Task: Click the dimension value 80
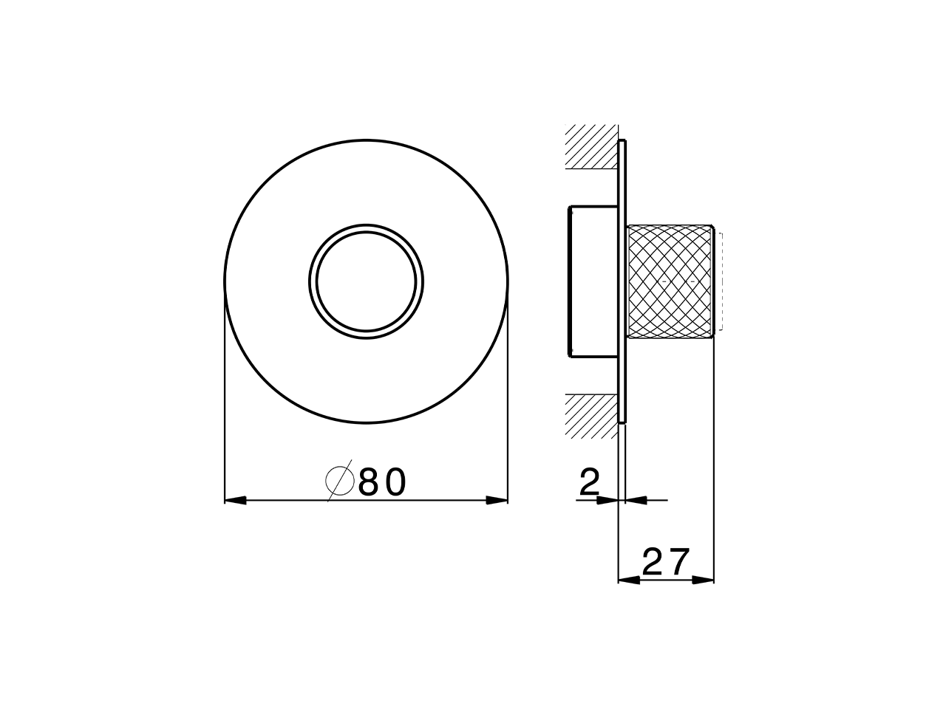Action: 382,482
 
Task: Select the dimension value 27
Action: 665,562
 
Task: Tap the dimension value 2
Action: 589,483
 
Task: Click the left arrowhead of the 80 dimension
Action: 235,501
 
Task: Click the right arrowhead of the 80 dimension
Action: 497,501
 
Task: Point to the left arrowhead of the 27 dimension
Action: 628,580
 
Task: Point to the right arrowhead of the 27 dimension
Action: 704,580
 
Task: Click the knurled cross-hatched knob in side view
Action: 670,281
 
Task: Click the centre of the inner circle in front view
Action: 367,281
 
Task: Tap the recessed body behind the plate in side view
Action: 593,281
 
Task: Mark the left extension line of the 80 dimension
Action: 225,399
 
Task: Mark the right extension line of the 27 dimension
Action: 714,458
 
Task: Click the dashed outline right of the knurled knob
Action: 721,281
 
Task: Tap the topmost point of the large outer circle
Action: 367,138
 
